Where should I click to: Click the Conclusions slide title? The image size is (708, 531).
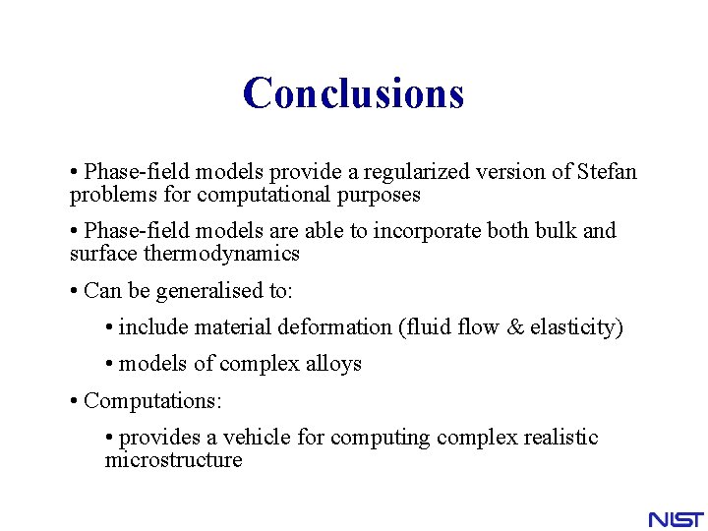tap(353, 93)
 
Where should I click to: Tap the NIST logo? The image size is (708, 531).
tap(676, 518)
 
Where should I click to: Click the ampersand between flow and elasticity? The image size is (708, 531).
tap(516, 327)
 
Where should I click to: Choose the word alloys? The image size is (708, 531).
tap(333, 364)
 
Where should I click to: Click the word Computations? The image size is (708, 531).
tap(152, 401)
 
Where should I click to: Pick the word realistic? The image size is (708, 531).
tap(554, 438)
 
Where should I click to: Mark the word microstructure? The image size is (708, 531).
tap(173, 460)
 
